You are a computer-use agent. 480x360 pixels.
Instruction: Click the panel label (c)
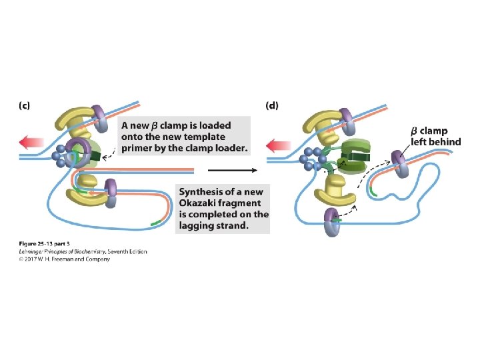[x=23, y=105]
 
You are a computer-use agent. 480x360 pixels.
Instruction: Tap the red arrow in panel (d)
[x=278, y=144]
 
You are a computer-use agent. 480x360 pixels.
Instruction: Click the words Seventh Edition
[x=126, y=251]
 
